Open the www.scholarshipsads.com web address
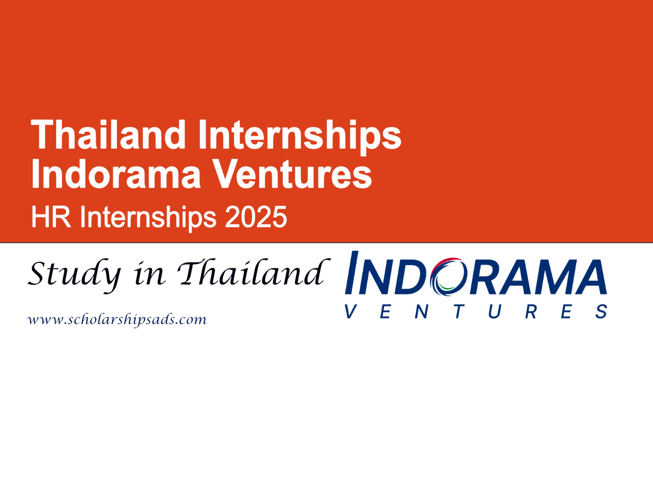tap(117, 320)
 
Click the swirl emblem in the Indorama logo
tap(447, 275)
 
